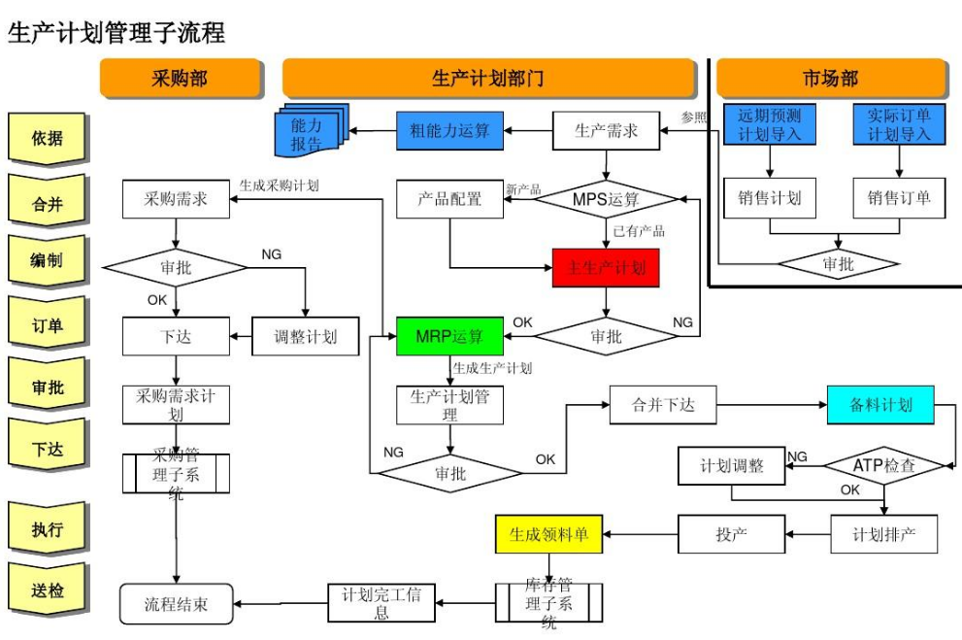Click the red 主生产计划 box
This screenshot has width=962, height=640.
click(x=606, y=267)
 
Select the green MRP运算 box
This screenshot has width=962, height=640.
click(x=450, y=336)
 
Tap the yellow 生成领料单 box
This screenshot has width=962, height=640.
click(x=548, y=533)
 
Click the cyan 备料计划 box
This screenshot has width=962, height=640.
click(x=880, y=405)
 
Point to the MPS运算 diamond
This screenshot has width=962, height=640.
click(x=606, y=199)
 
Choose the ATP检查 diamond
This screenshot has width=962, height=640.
click(x=883, y=465)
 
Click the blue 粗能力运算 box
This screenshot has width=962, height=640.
click(x=449, y=130)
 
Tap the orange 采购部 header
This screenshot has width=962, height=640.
click(x=180, y=79)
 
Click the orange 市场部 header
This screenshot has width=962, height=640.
click(x=830, y=79)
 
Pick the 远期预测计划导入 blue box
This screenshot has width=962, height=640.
click(x=769, y=124)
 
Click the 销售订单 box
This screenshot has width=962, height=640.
click(x=898, y=198)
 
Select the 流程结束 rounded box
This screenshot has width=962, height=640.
click(x=176, y=604)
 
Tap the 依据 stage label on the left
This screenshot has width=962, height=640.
click(x=47, y=138)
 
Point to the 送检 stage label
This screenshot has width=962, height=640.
click(x=47, y=589)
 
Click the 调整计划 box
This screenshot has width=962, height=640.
click(x=305, y=336)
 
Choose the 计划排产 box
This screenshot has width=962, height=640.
click(x=883, y=534)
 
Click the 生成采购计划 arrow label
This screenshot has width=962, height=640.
click(x=279, y=185)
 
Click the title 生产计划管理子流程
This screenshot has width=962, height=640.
click(x=116, y=33)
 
